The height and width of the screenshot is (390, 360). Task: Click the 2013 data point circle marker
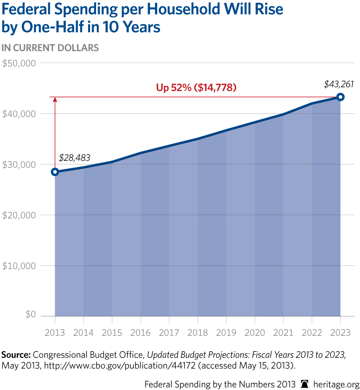tap(55, 172)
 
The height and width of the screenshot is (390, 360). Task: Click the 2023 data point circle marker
tap(340, 97)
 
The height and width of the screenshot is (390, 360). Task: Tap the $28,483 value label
tap(75, 158)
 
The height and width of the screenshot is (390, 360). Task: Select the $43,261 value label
tap(339, 84)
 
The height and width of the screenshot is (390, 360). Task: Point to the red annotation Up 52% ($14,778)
tap(196, 87)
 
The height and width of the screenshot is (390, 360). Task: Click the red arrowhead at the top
tap(55, 100)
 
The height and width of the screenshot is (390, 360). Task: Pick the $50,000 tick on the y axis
tap(19, 63)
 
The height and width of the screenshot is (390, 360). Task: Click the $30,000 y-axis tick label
tap(19, 164)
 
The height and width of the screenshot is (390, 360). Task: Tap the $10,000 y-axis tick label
tap(19, 266)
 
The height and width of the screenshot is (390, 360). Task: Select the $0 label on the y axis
tap(30, 315)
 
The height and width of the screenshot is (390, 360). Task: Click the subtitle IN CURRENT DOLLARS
tap(50, 48)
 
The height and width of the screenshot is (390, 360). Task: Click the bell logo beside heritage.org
tap(305, 384)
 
